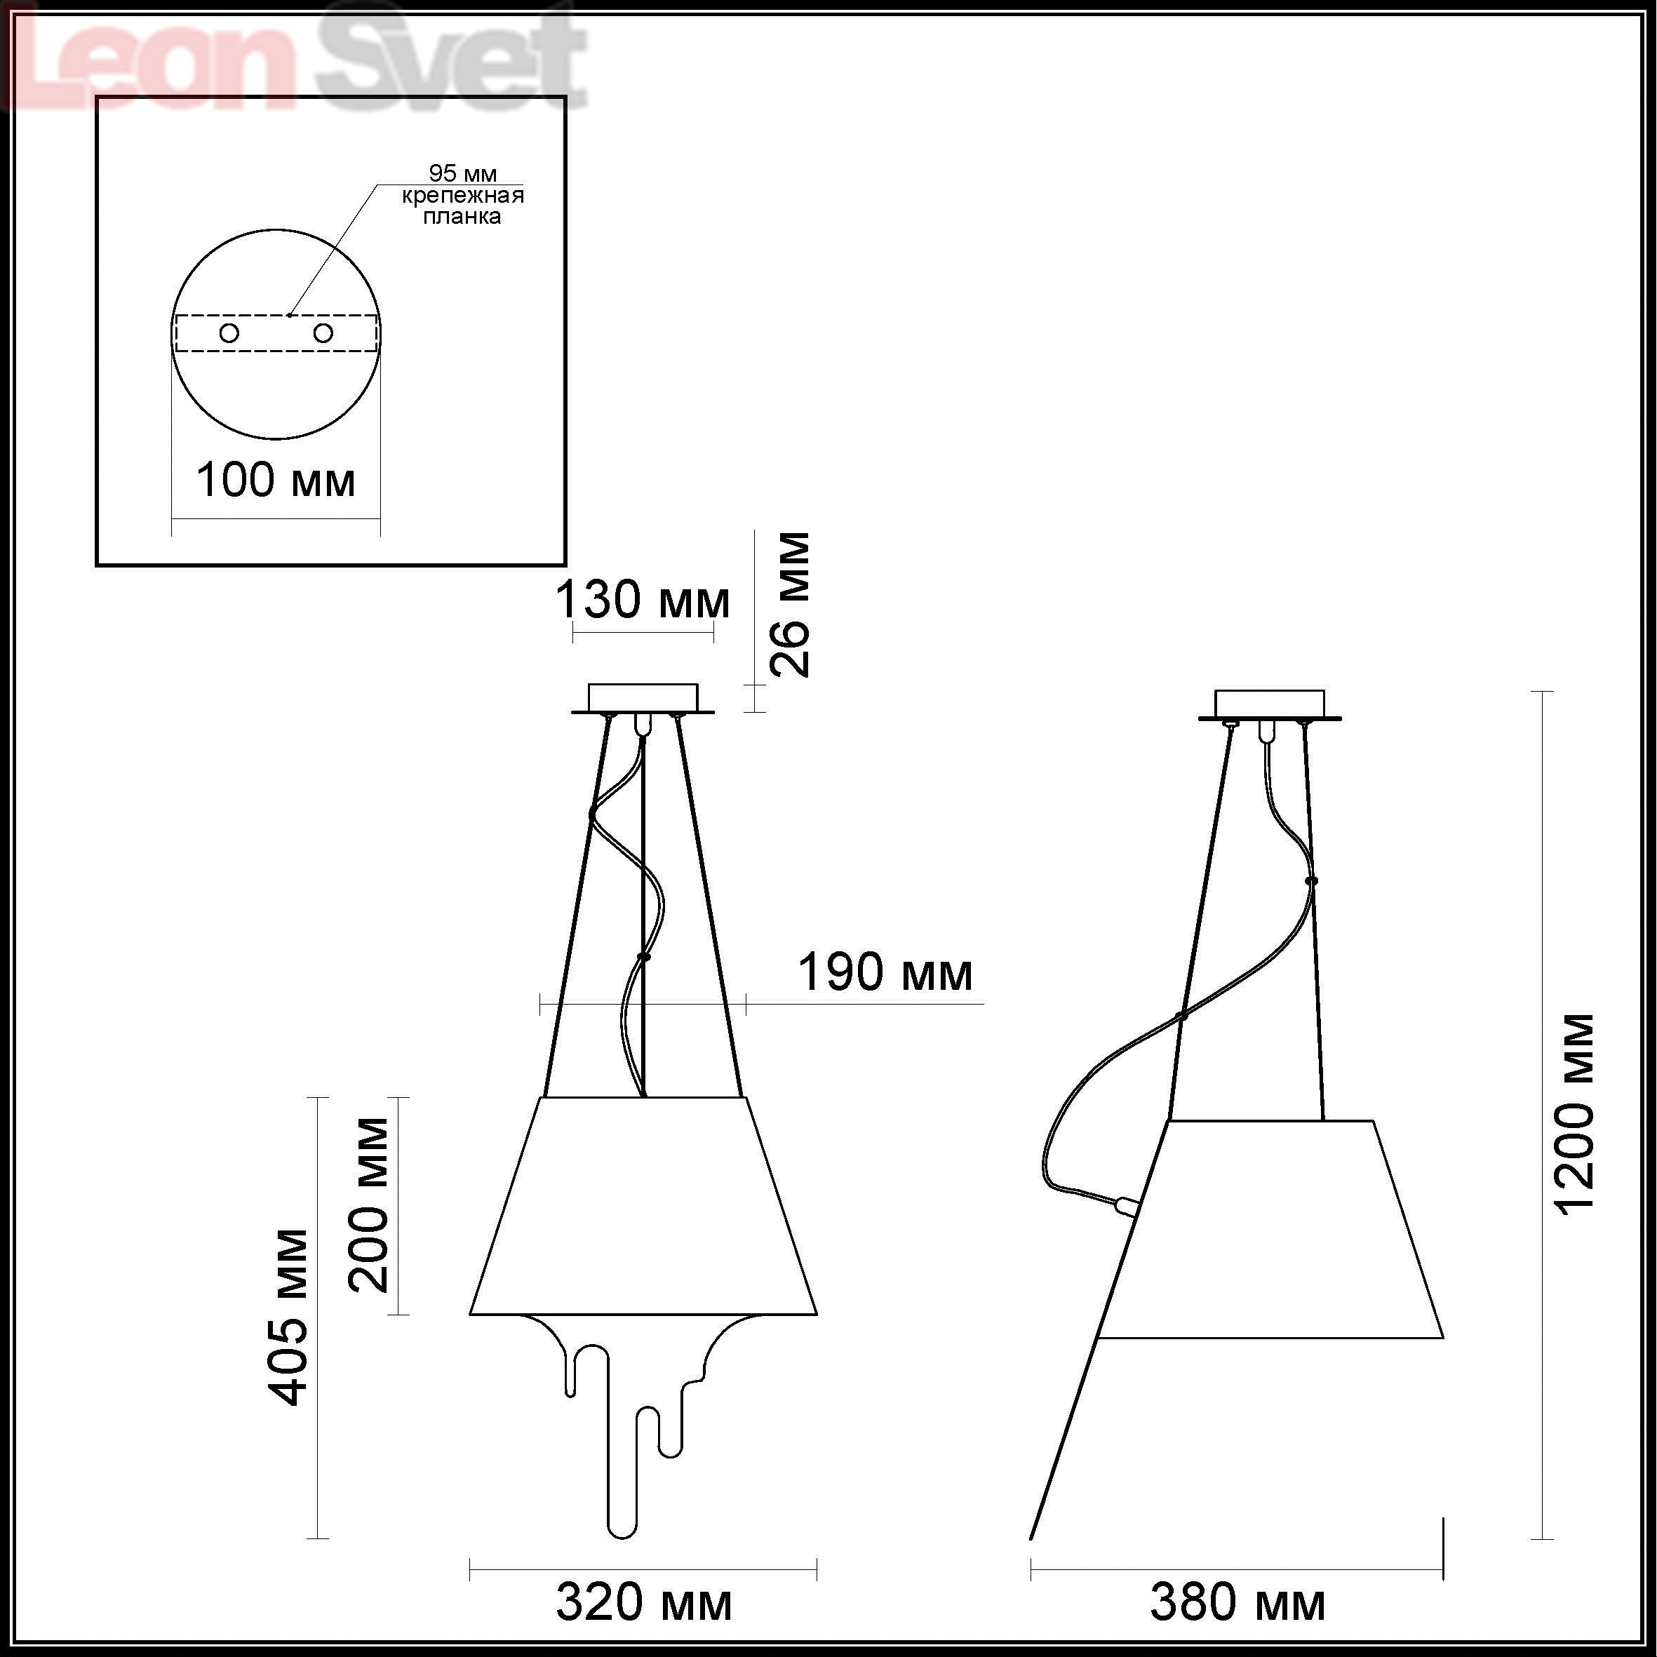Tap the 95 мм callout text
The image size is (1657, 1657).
462,174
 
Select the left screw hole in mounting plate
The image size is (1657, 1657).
229,333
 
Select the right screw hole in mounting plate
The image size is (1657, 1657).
323,332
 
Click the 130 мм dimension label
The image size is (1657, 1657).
643,600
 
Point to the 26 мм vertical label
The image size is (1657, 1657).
789,605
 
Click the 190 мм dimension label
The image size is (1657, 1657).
885,972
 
